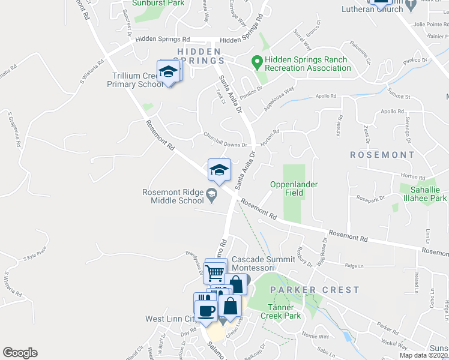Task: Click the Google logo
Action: click(20, 353)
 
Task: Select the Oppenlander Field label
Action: click(294, 188)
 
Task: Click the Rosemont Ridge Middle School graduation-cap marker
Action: click(220, 170)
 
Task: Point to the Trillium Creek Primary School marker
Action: click(169, 73)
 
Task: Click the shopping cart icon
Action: click(214, 274)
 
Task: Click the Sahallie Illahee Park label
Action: click(423, 193)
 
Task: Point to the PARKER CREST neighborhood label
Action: click(315, 290)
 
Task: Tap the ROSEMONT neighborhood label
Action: click(382, 155)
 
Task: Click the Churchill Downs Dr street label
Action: click(225, 144)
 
